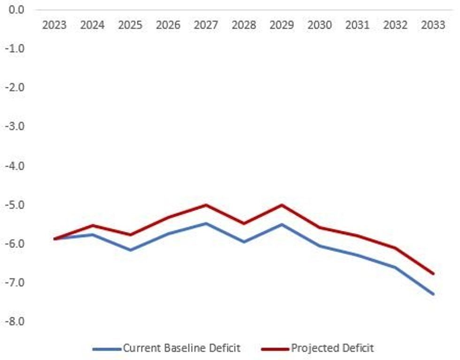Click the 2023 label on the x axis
tap(54, 25)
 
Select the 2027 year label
tap(206, 25)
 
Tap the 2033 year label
tap(433, 25)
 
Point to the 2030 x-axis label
tap(320, 25)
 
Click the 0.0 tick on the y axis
tap(16, 9)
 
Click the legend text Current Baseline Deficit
tap(182, 348)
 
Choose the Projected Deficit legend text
tap(332, 348)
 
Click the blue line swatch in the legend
tap(107, 349)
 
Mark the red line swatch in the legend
tap(275, 349)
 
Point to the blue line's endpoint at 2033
tap(433, 294)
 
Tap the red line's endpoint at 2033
tap(433, 273)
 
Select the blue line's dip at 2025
tap(130, 250)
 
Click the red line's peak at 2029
tap(282, 205)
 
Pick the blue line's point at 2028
tap(244, 242)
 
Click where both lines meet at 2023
tap(54, 239)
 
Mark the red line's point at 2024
tap(92, 225)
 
